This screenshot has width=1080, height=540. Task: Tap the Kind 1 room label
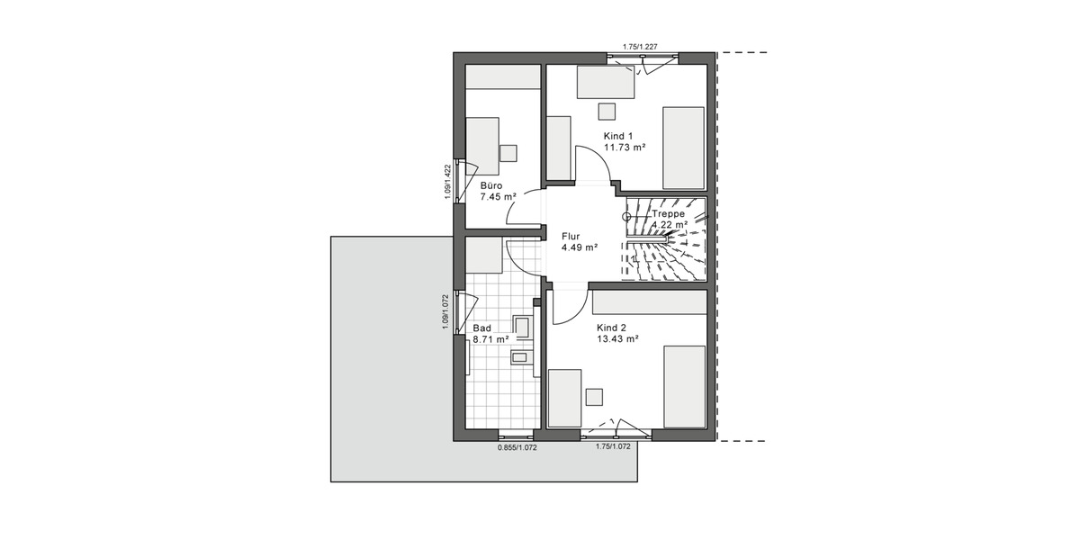pyautogui.click(x=618, y=135)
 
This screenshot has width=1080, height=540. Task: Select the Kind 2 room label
pyautogui.click(x=611, y=328)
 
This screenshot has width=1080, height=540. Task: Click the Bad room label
pyautogui.click(x=482, y=328)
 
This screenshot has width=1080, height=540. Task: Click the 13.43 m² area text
pyautogui.click(x=617, y=339)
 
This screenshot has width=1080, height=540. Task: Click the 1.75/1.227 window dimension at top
pyautogui.click(x=641, y=46)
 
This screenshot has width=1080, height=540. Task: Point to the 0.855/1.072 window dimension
pyautogui.click(x=517, y=447)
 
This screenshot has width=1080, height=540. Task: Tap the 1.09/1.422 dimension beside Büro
pyautogui.click(x=447, y=184)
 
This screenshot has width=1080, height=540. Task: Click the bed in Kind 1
pyautogui.click(x=683, y=143)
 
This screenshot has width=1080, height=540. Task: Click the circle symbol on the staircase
pyautogui.click(x=627, y=216)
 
